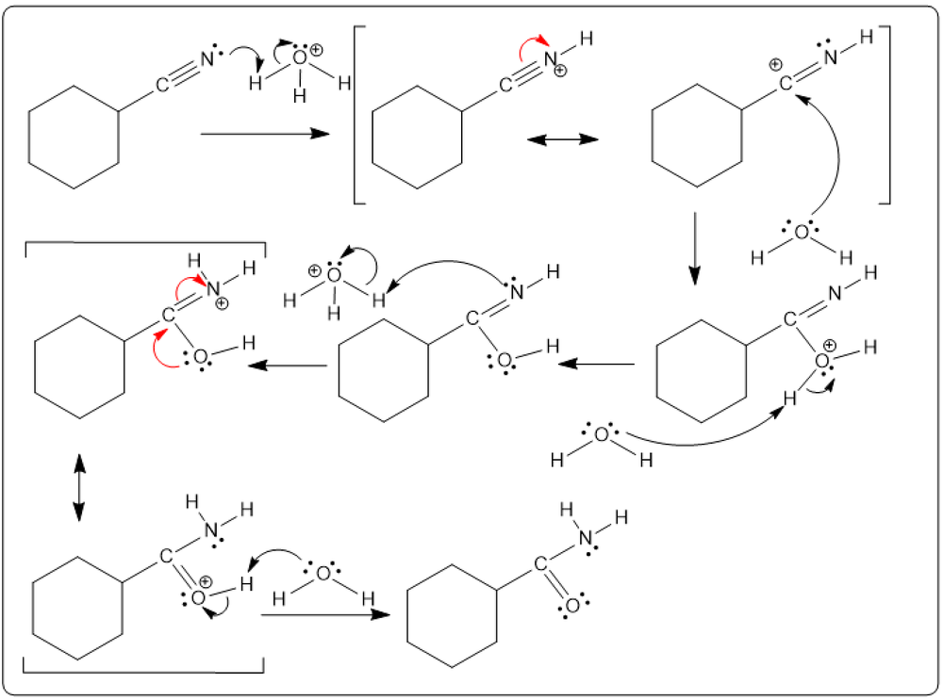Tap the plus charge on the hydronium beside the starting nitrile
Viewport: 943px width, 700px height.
[x=316, y=50]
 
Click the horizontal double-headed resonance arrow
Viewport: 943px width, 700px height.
[x=563, y=139]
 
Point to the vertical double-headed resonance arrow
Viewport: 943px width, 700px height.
[x=78, y=487]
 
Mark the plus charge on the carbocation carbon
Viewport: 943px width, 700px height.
[x=775, y=65]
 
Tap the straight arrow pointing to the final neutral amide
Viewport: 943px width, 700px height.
[x=326, y=615]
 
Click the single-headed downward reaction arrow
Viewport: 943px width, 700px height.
[x=694, y=248]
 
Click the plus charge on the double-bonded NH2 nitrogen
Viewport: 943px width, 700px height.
[x=222, y=302]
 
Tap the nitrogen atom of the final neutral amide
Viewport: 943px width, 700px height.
[x=587, y=538]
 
